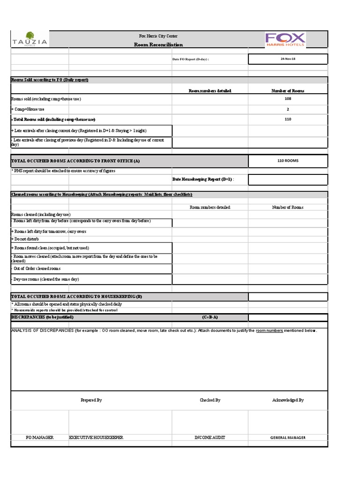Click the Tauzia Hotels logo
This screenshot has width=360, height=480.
pos(29,39)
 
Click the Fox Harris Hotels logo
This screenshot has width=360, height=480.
pos(285,39)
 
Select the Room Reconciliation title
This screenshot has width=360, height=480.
pos(158,45)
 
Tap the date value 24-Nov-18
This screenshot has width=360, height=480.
pos(288,59)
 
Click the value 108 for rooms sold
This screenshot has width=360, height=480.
pos(288,99)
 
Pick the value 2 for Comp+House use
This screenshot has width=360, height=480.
pos(288,109)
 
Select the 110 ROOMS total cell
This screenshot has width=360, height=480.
pos(288,161)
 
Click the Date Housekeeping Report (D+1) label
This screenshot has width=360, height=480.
pos(202,179)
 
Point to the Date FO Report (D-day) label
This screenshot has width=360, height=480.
pos(191,60)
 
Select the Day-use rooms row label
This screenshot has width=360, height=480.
pos(45,279)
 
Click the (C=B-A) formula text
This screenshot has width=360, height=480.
pos(210,317)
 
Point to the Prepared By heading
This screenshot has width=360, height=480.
pos(91,400)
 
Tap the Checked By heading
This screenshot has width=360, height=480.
pos(210,400)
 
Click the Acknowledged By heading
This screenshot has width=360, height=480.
pos(288,400)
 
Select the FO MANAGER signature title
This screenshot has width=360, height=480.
pos(40,437)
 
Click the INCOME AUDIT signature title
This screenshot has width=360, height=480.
pos(210,437)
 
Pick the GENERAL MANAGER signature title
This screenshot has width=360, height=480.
pos(288,437)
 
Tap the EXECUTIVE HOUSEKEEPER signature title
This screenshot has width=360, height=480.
pos(96,437)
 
